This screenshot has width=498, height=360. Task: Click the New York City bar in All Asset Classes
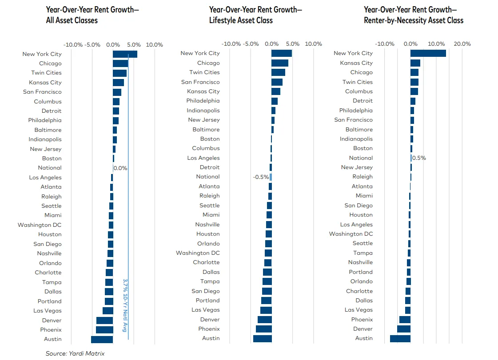pyautogui.click(x=125, y=54)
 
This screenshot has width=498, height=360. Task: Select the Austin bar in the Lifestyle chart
pyautogui.click(x=262, y=338)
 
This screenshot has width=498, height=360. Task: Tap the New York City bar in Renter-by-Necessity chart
pyautogui.click(x=428, y=53)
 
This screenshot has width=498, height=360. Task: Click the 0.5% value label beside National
pyautogui.click(x=419, y=158)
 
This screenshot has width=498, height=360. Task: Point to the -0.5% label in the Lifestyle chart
pyautogui.click(x=261, y=177)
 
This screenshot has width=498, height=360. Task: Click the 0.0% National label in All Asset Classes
pyautogui.click(x=120, y=168)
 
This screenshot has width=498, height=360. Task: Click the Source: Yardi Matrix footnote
pyautogui.click(x=75, y=353)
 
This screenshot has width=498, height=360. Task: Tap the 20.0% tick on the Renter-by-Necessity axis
pyautogui.click(x=462, y=44)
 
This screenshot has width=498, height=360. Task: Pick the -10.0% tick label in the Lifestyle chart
pyautogui.click(x=231, y=44)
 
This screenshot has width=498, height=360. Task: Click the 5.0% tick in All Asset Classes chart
pyautogui.click(x=134, y=44)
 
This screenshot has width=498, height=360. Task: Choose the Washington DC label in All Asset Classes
pyautogui.click(x=40, y=225)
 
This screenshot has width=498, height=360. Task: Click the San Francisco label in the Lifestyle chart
pyautogui.click(x=200, y=82)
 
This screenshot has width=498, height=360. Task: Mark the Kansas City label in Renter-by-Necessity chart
pyautogui.click(x=356, y=63)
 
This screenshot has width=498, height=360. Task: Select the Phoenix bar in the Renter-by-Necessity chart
pyautogui.click(x=405, y=320)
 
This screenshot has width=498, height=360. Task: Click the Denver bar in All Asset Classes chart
pyautogui.click(x=104, y=320)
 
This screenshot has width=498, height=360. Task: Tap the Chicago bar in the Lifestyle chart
pyautogui.click(x=280, y=63)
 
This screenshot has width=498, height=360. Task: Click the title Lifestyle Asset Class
pyautogui.click(x=241, y=20)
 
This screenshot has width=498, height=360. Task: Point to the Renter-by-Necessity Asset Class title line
pyautogui.click(x=414, y=20)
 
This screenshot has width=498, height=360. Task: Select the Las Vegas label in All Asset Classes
pyautogui.click(x=48, y=311)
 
